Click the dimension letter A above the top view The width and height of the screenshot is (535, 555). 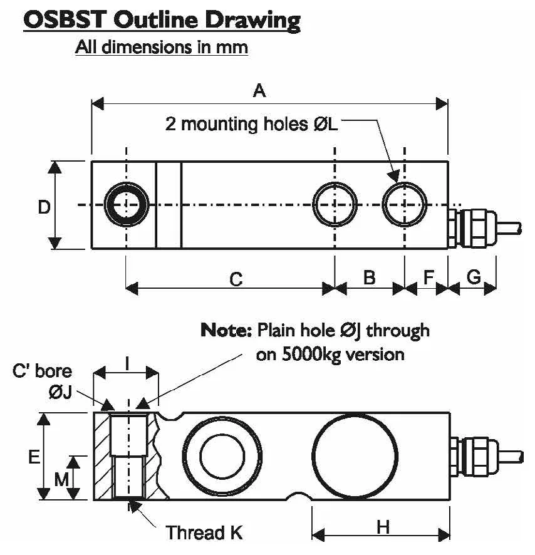pos(259,91)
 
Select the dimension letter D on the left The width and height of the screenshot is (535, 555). pos(44,207)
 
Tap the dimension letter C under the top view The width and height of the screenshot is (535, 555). pos(236,279)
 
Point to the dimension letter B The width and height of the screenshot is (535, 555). pos(370,276)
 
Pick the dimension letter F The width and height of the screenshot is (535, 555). pos(429,276)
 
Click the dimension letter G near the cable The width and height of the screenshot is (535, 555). pos(474,276)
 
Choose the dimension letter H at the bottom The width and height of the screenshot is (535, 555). pos(383,527)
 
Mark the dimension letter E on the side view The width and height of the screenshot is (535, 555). pos(34,457)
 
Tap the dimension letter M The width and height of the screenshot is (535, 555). pos(61,480)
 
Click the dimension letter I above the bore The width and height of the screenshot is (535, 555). pos(127,363)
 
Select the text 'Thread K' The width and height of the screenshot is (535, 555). pos(204,533)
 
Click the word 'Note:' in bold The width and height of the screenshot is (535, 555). pos(226,330)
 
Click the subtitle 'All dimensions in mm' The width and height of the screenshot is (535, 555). pos(161,47)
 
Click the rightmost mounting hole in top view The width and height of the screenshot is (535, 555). pos(405,204)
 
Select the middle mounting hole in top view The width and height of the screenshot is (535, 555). pos(335,204)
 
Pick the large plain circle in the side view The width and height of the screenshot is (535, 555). pos(355,455)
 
